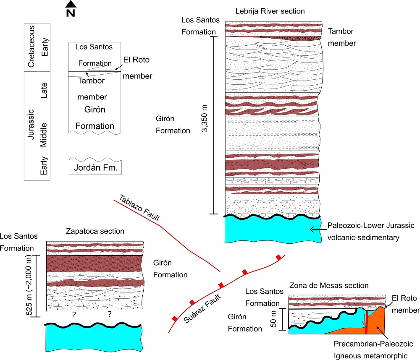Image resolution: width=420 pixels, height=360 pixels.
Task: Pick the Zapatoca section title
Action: coord(95,232)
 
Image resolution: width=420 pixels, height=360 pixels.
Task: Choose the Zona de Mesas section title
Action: coord(329,286)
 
